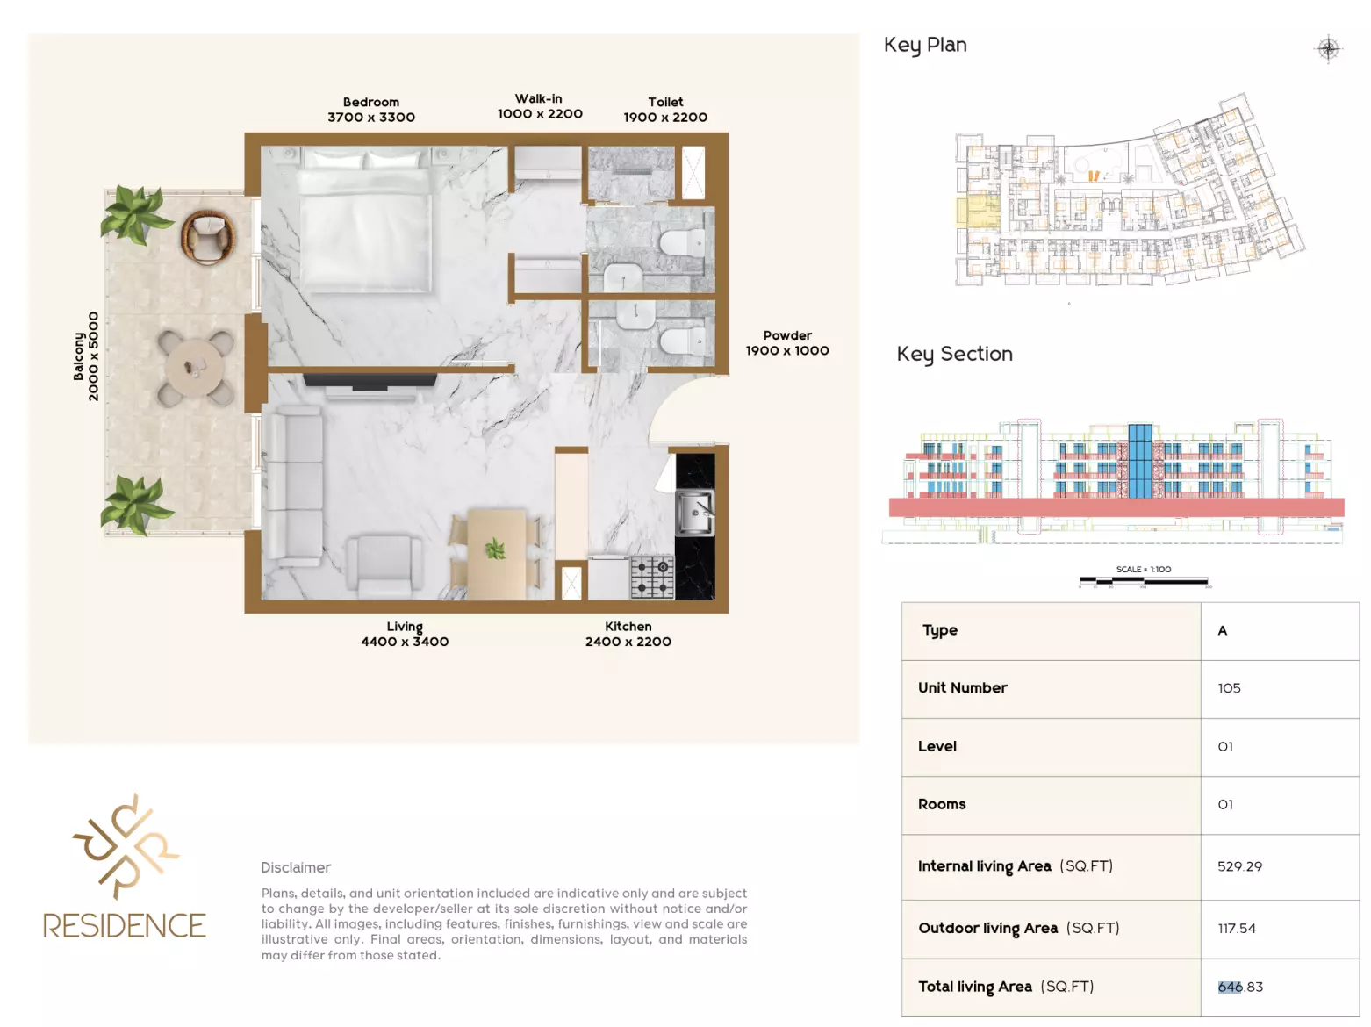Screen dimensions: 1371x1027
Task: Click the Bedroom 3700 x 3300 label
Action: (x=371, y=110)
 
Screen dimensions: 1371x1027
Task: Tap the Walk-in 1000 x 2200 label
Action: (x=540, y=106)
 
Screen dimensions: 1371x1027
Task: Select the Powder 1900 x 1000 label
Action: (x=787, y=343)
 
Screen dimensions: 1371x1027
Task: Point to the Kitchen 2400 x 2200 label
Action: (x=628, y=634)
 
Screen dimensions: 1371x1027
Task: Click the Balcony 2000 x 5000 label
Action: (x=85, y=356)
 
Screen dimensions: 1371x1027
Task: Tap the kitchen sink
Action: (x=694, y=513)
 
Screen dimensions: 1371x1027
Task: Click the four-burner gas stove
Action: (x=652, y=578)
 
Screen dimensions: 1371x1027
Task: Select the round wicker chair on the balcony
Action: (x=208, y=237)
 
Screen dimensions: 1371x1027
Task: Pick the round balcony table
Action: (x=196, y=368)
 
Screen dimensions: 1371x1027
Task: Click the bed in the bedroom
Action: (x=365, y=221)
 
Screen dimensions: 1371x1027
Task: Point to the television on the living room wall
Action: (x=370, y=381)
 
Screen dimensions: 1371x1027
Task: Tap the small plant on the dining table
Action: (x=495, y=549)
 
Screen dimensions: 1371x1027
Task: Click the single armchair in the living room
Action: (x=384, y=565)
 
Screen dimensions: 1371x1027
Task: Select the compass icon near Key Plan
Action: (x=1329, y=48)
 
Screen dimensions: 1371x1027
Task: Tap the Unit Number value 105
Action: (x=1229, y=688)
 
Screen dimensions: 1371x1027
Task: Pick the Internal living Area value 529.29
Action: (x=1239, y=866)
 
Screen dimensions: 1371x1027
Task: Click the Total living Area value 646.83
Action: (x=1240, y=987)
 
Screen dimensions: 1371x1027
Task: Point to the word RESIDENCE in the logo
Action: (x=125, y=925)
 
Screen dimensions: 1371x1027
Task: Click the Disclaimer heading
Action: (x=296, y=867)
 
